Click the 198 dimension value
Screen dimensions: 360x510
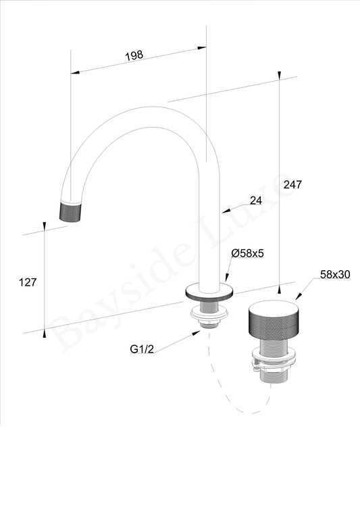pyautogui.click(x=134, y=55)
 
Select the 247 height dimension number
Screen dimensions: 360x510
pyautogui.click(x=292, y=184)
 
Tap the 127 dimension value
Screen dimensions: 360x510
pyautogui.click(x=28, y=282)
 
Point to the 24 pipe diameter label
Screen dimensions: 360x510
pyautogui.click(x=255, y=201)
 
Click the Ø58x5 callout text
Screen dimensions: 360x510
pyautogui.click(x=247, y=253)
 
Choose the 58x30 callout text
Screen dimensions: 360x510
pyautogui.click(x=335, y=274)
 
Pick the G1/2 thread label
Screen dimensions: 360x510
pyautogui.click(x=142, y=349)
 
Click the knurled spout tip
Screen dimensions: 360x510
pyautogui.click(x=70, y=211)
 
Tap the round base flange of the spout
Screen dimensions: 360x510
pyautogui.click(x=209, y=291)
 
